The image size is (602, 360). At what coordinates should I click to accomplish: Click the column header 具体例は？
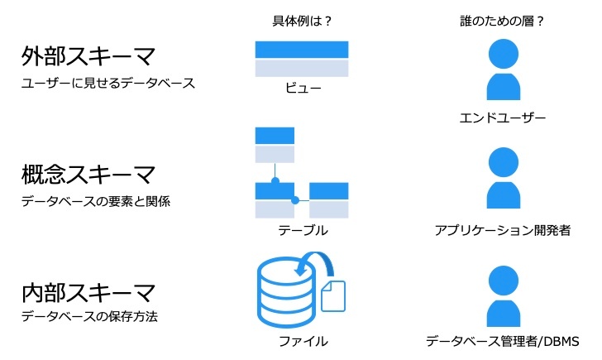302,21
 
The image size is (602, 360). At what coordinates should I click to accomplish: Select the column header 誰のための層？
502,21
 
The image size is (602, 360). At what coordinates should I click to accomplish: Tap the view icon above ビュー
301,59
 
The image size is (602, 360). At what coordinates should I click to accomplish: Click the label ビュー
301,90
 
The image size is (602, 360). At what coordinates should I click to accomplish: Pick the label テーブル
301,231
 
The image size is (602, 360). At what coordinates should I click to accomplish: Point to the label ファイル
301,341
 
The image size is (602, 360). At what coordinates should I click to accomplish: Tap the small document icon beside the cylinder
332,295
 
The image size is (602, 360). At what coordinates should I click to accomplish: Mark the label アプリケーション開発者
502,231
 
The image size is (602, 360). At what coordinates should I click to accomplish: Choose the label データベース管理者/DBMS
502,341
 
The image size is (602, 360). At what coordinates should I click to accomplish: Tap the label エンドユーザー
502,118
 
